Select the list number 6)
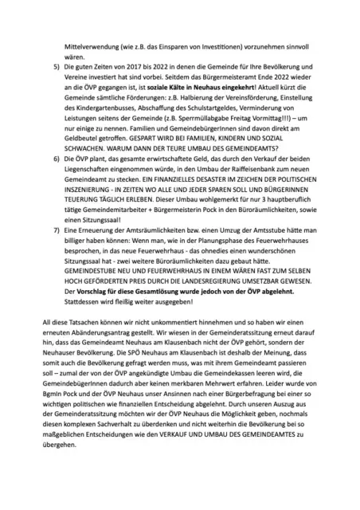56,160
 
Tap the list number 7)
56,229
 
